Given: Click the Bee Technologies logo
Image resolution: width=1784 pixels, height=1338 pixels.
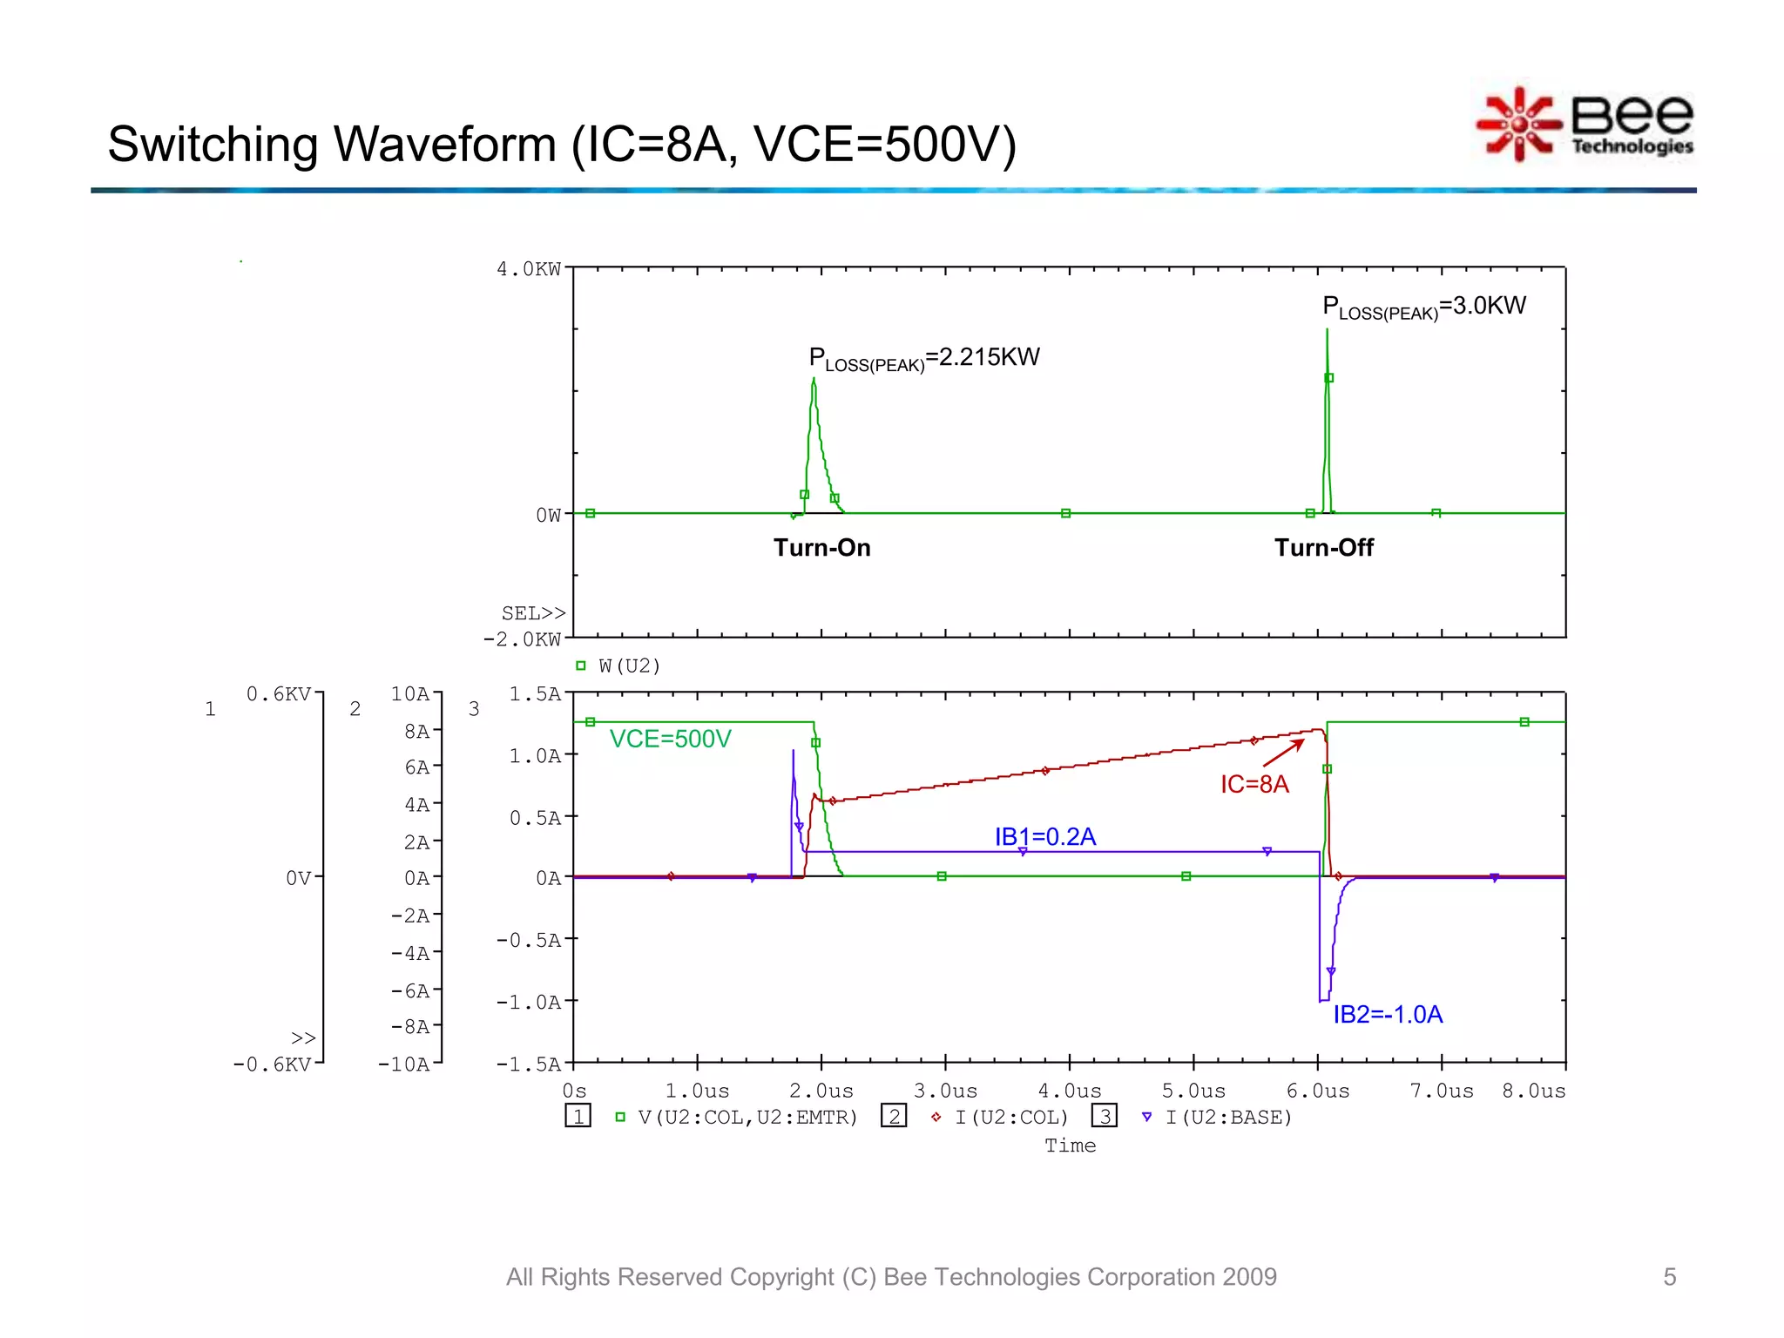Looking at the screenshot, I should point(1585,125).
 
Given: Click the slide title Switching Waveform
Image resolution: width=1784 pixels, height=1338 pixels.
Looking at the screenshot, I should point(561,145).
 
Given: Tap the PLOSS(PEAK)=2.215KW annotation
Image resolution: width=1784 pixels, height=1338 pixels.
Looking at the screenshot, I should point(923,358).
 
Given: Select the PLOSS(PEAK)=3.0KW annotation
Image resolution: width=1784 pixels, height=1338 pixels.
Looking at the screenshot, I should point(1423,307).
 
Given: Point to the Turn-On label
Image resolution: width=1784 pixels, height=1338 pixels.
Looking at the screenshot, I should point(821,548).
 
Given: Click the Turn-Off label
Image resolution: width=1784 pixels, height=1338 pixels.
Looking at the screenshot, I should point(1323,548).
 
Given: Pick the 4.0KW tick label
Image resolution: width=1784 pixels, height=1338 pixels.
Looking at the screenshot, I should point(529,269).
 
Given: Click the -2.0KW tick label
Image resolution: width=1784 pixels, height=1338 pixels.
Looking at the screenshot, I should point(522,639).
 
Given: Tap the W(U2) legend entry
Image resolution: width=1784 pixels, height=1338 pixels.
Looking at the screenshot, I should point(628,666).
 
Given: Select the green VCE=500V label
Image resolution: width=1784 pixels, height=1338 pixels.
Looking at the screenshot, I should point(670,739).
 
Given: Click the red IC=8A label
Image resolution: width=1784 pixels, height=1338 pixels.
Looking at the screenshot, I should point(1254,784).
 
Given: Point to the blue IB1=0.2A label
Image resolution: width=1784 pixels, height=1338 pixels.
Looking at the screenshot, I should point(1044,836).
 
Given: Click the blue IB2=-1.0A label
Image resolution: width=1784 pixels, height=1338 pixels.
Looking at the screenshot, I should point(1388,1014).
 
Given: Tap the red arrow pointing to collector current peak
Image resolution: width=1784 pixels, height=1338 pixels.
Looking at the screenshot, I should point(1284,753).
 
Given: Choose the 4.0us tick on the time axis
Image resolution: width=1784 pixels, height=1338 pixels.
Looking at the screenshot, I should point(1069,1091).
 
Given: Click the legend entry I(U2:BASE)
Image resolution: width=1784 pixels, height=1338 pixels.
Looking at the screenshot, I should point(1227,1118).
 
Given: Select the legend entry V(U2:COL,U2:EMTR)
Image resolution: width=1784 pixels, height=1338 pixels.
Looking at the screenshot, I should point(747,1118).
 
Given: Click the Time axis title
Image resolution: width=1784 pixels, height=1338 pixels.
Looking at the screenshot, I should point(1070,1146).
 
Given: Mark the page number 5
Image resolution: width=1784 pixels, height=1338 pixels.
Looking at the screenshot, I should point(1669,1277).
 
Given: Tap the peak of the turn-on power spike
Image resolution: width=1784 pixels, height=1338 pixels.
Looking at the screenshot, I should point(814,380).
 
